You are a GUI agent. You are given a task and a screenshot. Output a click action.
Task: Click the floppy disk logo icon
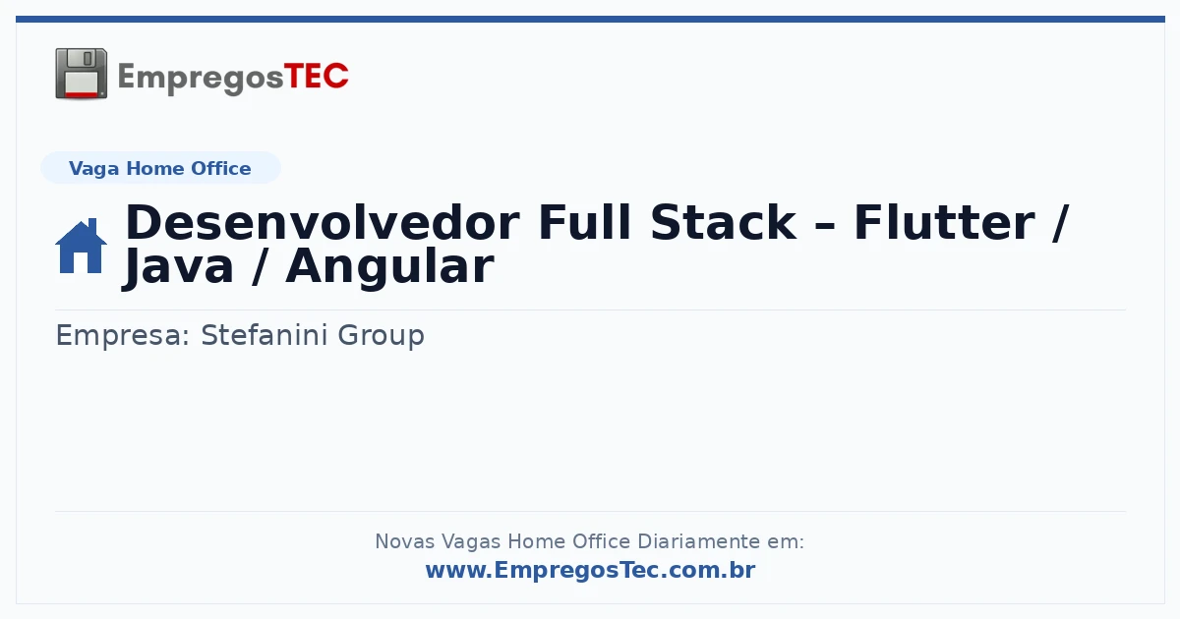(81, 74)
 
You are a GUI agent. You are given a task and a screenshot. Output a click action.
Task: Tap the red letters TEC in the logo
(316, 77)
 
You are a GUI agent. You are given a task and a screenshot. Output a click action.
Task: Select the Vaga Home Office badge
(160, 168)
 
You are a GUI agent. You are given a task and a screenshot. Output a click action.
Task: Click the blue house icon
(81, 246)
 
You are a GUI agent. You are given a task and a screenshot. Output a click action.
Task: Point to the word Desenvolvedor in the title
(323, 223)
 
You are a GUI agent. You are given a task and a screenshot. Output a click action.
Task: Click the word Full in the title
(584, 223)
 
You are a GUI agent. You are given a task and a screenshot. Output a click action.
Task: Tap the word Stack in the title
(723, 223)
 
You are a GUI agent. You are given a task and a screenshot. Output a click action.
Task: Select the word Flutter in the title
(944, 223)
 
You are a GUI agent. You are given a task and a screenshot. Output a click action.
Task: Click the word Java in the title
(178, 267)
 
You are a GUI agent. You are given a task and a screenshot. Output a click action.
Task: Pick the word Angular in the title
(389, 267)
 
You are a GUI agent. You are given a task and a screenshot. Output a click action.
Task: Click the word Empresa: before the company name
(122, 336)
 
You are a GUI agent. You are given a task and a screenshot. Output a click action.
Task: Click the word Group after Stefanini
(381, 336)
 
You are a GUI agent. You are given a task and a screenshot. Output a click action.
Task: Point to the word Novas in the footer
(405, 541)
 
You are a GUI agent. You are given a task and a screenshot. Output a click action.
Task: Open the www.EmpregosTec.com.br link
(591, 570)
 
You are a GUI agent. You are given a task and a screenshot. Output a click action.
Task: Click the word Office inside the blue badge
(220, 168)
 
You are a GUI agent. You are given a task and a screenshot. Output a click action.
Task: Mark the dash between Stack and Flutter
(825, 226)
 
